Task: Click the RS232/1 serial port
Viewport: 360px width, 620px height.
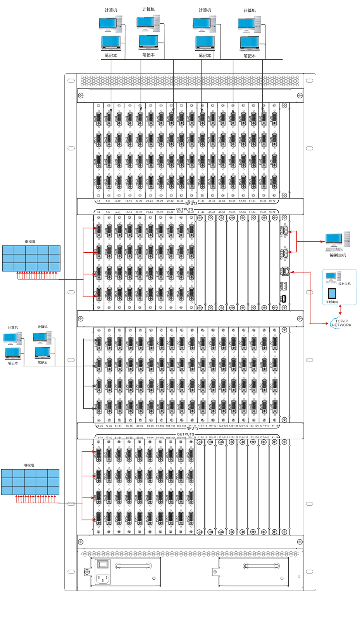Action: point(285,232)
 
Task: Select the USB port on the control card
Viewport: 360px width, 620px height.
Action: point(284,298)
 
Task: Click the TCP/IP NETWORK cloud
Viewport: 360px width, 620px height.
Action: point(341,323)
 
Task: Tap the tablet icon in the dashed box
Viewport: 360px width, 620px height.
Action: point(332,293)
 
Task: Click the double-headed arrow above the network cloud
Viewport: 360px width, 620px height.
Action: point(340,310)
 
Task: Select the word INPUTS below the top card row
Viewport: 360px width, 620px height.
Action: point(191,203)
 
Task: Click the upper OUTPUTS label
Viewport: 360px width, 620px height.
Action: point(184,209)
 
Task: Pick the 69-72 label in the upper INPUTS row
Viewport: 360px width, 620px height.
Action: point(272,201)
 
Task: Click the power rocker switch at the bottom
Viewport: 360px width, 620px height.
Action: point(103,565)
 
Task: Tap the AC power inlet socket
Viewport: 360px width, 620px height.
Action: point(103,579)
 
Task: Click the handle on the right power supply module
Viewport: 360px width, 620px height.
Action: point(256,566)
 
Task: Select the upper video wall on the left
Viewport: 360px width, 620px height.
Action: point(31,258)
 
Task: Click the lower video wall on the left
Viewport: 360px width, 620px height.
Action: point(30,482)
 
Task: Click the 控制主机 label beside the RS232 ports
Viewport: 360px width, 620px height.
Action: point(338,255)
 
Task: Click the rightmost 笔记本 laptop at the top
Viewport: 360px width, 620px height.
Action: point(250,43)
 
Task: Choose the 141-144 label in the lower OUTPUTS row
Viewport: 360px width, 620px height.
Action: point(274,437)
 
